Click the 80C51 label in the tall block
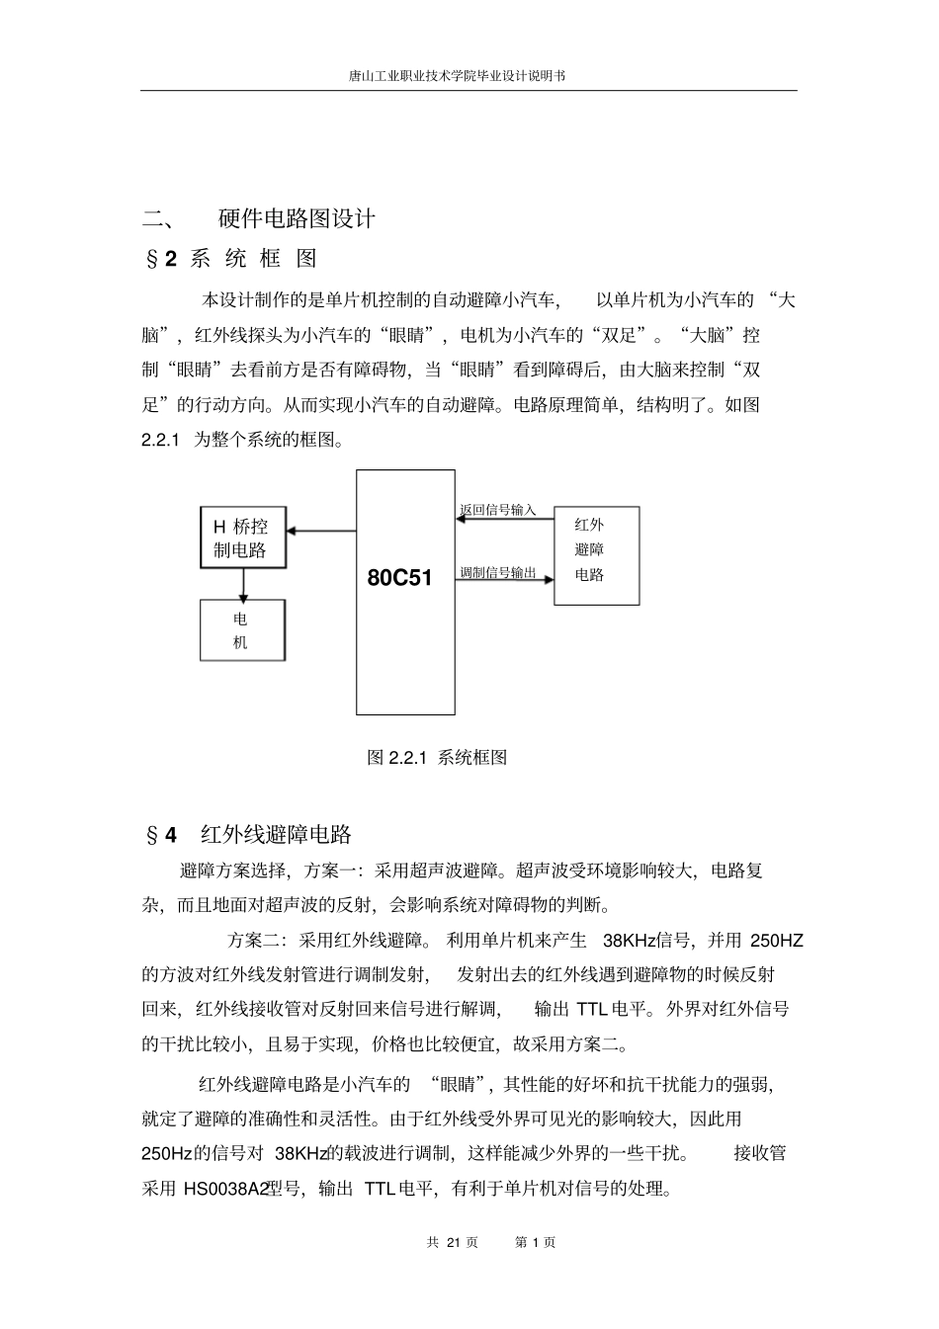pos(399,577)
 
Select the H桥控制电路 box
pos(243,538)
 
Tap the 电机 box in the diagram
pos(242,630)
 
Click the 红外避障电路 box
pos(596,554)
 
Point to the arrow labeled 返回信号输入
pos(504,520)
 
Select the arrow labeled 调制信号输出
pos(504,580)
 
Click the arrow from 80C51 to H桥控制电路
pos(322,532)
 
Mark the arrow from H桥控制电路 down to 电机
pos(243,584)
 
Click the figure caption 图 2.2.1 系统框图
pos(437,758)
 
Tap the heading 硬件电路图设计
pos(297,218)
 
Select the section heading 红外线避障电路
pos(276,835)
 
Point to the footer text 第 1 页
pos(536,1242)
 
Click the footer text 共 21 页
pos(453,1242)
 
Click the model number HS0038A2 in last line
pos(226,1189)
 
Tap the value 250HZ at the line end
pos(777,940)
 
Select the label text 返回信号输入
pos(497,510)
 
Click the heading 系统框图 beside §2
pos(253,259)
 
